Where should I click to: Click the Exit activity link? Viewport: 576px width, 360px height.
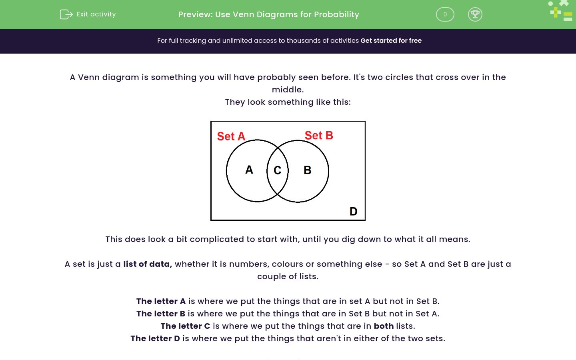(x=96, y=14)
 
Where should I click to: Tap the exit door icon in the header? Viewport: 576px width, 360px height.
(x=66, y=14)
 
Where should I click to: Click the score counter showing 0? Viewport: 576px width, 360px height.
(x=445, y=14)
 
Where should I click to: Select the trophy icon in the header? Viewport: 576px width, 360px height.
(x=475, y=14)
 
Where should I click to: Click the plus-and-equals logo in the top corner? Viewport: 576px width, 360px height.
(x=561, y=11)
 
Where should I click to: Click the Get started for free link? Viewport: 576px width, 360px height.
(x=391, y=41)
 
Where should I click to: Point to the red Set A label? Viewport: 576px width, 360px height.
(x=231, y=136)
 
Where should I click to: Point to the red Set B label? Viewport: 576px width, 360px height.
(x=319, y=136)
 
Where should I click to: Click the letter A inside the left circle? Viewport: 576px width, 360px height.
(x=249, y=170)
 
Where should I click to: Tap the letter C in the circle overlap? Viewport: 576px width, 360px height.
(x=277, y=170)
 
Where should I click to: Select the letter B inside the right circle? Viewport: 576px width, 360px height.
(x=307, y=170)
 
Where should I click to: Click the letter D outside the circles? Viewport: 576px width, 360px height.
(x=353, y=211)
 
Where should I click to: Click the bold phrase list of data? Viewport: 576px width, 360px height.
(x=147, y=264)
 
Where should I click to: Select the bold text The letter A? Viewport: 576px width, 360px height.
(x=161, y=301)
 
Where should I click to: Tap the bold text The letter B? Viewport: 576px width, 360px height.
(x=160, y=314)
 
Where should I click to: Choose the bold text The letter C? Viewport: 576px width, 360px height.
(x=185, y=326)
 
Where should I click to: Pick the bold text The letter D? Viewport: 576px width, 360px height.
(x=155, y=338)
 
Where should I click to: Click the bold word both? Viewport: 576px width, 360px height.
(x=384, y=326)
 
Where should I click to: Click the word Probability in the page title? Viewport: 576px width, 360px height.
(x=336, y=15)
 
